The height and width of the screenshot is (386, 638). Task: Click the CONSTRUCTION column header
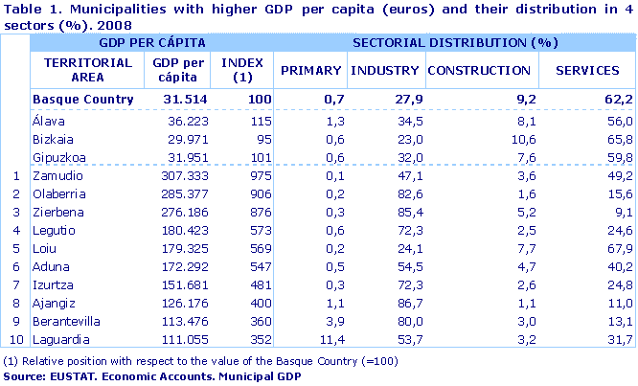tap(479, 71)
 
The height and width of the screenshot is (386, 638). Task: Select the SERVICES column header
tap(587, 71)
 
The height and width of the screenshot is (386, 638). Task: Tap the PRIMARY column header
tap(310, 71)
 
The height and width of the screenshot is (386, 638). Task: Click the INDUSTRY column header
tap(384, 71)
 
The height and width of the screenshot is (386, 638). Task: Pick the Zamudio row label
tap(55, 176)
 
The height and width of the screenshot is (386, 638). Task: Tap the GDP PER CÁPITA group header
tap(145, 44)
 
